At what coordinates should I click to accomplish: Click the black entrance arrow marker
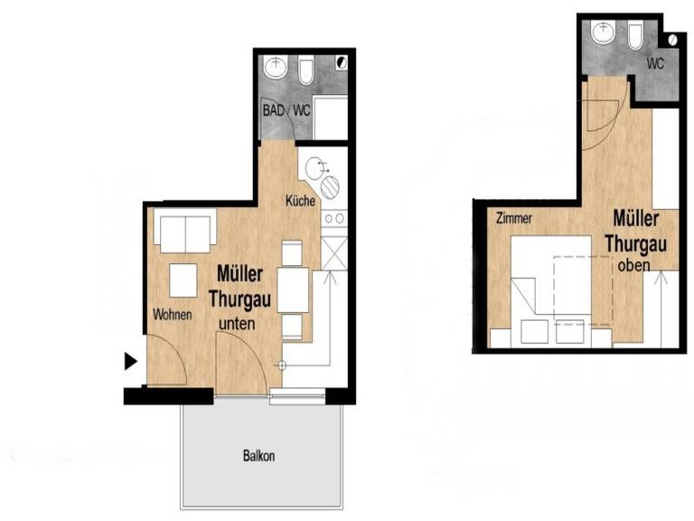tap(130, 361)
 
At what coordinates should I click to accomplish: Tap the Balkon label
tap(259, 456)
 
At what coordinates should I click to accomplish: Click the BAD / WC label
tap(286, 110)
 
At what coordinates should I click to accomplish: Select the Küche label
tap(300, 201)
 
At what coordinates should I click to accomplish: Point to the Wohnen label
tap(173, 315)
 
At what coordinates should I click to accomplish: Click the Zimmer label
tap(514, 218)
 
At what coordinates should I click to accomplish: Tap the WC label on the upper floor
tap(655, 63)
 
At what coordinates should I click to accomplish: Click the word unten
tap(237, 324)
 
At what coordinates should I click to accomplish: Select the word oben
tap(633, 265)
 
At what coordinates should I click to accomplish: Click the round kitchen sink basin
tap(315, 168)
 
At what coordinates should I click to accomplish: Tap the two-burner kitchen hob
tap(334, 218)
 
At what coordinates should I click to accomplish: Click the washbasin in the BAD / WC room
tap(276, 67)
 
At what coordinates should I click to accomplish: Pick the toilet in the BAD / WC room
tap(305, 70)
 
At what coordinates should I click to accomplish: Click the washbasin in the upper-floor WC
tap(603, 32)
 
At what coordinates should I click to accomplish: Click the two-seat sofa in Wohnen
tap(185, 231)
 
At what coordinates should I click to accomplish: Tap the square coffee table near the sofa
tap(183, 280)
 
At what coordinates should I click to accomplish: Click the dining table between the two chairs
tap(293, 290)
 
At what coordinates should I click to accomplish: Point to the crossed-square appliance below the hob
tap(334, 253)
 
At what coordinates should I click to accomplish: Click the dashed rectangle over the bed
tap(583, 290)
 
